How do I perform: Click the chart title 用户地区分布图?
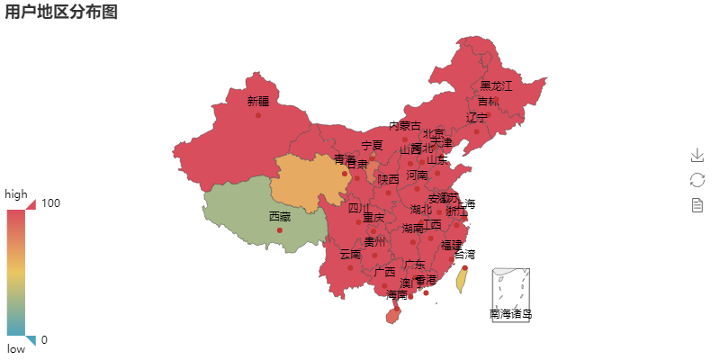click(61, 12)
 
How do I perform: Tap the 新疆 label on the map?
click(258, 101)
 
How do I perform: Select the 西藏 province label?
click(280, 216)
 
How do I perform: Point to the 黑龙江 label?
click(496, 85)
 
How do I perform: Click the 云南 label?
click(350, 254)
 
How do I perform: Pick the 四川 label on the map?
click(359, 208)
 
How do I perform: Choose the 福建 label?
click(452, 244)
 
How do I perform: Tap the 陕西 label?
click(388, 179)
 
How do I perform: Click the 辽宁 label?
click(477, 117)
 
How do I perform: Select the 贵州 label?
click(374, 241)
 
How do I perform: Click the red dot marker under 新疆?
click(258, 115)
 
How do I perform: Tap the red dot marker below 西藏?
click(280, 230)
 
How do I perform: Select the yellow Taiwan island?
click(462, 280)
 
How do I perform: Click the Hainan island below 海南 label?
click(393, 312)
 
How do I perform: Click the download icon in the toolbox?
click(697, 156)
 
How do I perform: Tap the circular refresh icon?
click(697, 180)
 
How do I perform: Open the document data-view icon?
click(697, 205)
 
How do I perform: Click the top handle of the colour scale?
click(31, 204)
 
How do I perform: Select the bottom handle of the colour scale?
click(31, 341)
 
